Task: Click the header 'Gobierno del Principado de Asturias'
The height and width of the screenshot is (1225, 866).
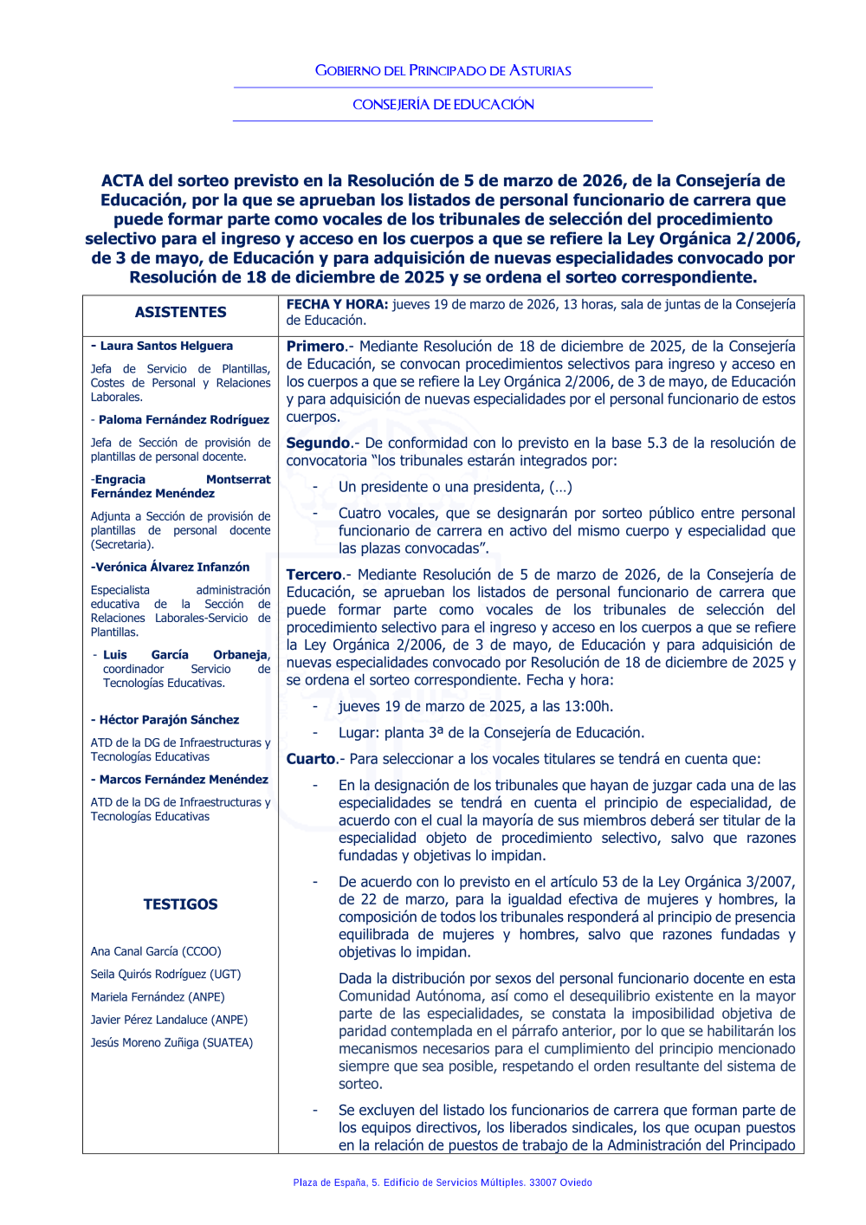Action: [x=443, y=70]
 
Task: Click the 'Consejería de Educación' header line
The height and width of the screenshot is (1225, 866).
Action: [x=443, y=104]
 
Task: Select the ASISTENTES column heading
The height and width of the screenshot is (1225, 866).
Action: [x=180, y=312]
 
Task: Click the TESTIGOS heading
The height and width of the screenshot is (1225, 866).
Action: [x=180, y=904]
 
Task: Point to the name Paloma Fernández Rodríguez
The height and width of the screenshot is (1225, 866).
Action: [x=184, y=419]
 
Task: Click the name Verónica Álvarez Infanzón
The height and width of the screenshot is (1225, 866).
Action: [x=171, y=567]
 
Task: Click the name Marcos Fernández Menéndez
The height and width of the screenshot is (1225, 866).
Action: [x=184, y=779]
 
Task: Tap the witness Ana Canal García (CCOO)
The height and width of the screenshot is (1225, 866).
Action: [x=156, y=951]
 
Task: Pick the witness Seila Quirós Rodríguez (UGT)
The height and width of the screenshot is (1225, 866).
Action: [x=165, y=974]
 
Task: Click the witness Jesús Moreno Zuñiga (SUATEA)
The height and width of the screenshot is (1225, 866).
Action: [x=171, y=1042]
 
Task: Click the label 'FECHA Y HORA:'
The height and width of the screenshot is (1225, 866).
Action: [x=337, y=304]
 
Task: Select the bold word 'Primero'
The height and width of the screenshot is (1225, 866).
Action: [x=315, y=347]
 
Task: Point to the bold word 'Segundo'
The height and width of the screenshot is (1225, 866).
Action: [x=318, y=443]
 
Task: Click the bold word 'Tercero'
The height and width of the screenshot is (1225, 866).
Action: [x=314, y=574]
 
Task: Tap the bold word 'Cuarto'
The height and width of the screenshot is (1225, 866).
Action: [x=311, y=759]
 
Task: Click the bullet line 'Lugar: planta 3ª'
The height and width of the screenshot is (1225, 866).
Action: [x=491, y=733]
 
